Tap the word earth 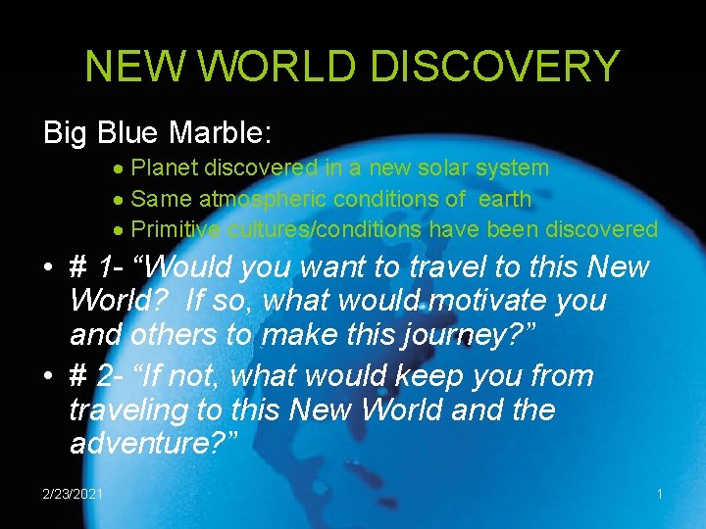(504, 200)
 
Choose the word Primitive (176, 230)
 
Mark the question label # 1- (98, 266)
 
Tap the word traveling (132, 409)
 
